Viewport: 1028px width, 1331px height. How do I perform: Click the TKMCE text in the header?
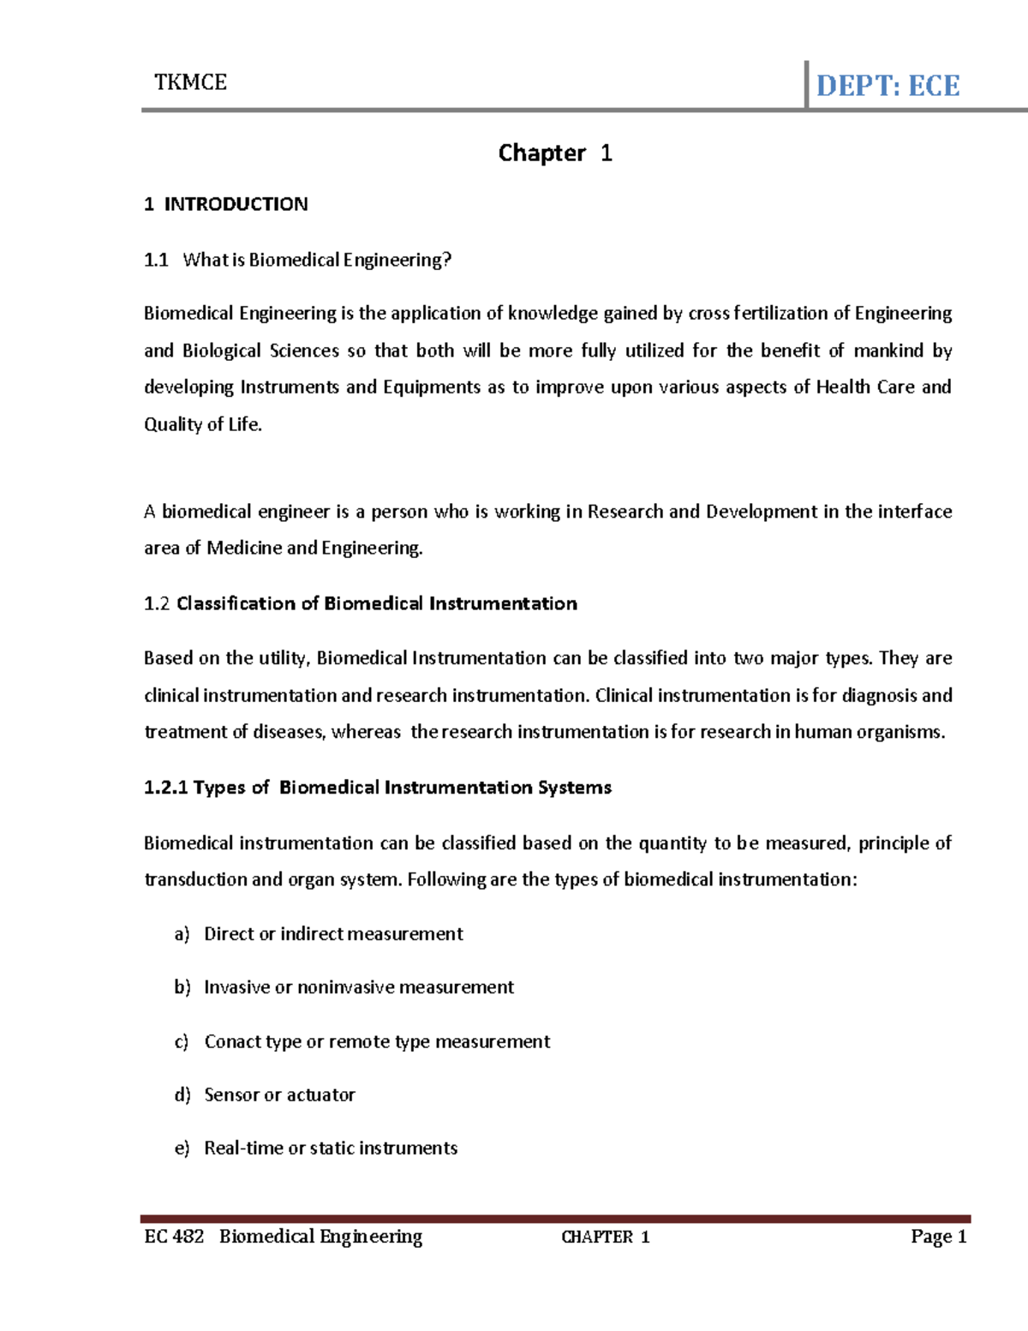click(190, 82)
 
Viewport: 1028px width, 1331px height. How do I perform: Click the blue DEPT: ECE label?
click(888, 86)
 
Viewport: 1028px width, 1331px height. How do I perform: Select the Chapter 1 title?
click(555, 153)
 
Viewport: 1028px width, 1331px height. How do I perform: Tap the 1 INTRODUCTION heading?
click(226, 204)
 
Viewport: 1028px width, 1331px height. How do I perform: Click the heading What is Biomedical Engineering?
click(317, 260)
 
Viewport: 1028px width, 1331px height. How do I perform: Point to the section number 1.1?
click(156, 260)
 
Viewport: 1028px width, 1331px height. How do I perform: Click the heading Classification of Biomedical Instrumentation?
click(377, 603)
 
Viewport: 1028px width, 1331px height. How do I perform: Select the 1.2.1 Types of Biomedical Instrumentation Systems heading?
click(378, 788)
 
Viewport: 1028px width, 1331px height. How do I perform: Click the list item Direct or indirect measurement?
click(333, 934)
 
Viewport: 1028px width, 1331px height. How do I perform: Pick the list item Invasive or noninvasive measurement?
click(359, 987)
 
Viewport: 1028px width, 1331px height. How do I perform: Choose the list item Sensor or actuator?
click(279, 1095)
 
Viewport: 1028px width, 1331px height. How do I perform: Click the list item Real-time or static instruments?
click(331, 1148)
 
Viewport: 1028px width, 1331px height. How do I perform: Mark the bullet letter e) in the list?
click(182, 1148)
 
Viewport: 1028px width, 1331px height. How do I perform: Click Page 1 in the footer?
click(939, 1236)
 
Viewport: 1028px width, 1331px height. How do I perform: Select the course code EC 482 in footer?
click(174, 1236)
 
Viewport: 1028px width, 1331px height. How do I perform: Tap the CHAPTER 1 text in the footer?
click(605, 1237)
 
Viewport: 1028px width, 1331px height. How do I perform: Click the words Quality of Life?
click(202, 424)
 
